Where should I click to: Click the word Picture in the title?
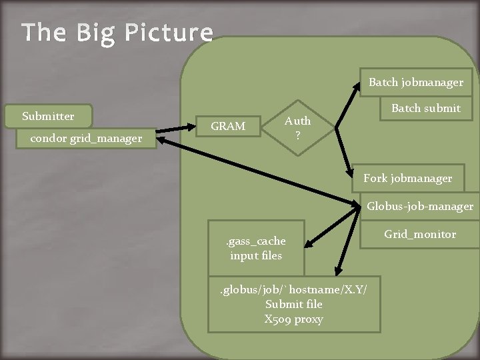[170, 33]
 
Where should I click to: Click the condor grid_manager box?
[86, 139]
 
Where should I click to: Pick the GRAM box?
[227, 126]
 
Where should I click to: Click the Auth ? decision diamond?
[297, 127]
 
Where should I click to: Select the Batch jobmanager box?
[416, 83]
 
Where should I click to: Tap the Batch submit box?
[425, 108]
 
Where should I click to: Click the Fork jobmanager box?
[407, 178]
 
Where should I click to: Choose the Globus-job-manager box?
[419, 207]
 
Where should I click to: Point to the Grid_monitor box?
[419, 234]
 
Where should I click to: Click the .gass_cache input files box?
[256, 248]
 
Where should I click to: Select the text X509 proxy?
[293, 319]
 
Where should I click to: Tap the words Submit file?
[293, 304]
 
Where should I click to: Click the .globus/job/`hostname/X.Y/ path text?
[293, 289]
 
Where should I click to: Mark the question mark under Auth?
[297, 134]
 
